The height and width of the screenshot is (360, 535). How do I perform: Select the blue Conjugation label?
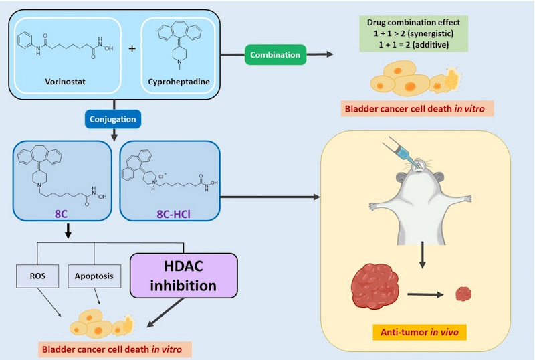pos(113,120)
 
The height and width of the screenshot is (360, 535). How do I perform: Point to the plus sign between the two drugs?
pos(132,49)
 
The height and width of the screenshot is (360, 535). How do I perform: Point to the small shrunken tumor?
pos(463,293)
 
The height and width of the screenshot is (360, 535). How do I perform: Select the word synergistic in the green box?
pos(439,33)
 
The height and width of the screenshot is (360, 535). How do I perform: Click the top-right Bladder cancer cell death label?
pos(418,108)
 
